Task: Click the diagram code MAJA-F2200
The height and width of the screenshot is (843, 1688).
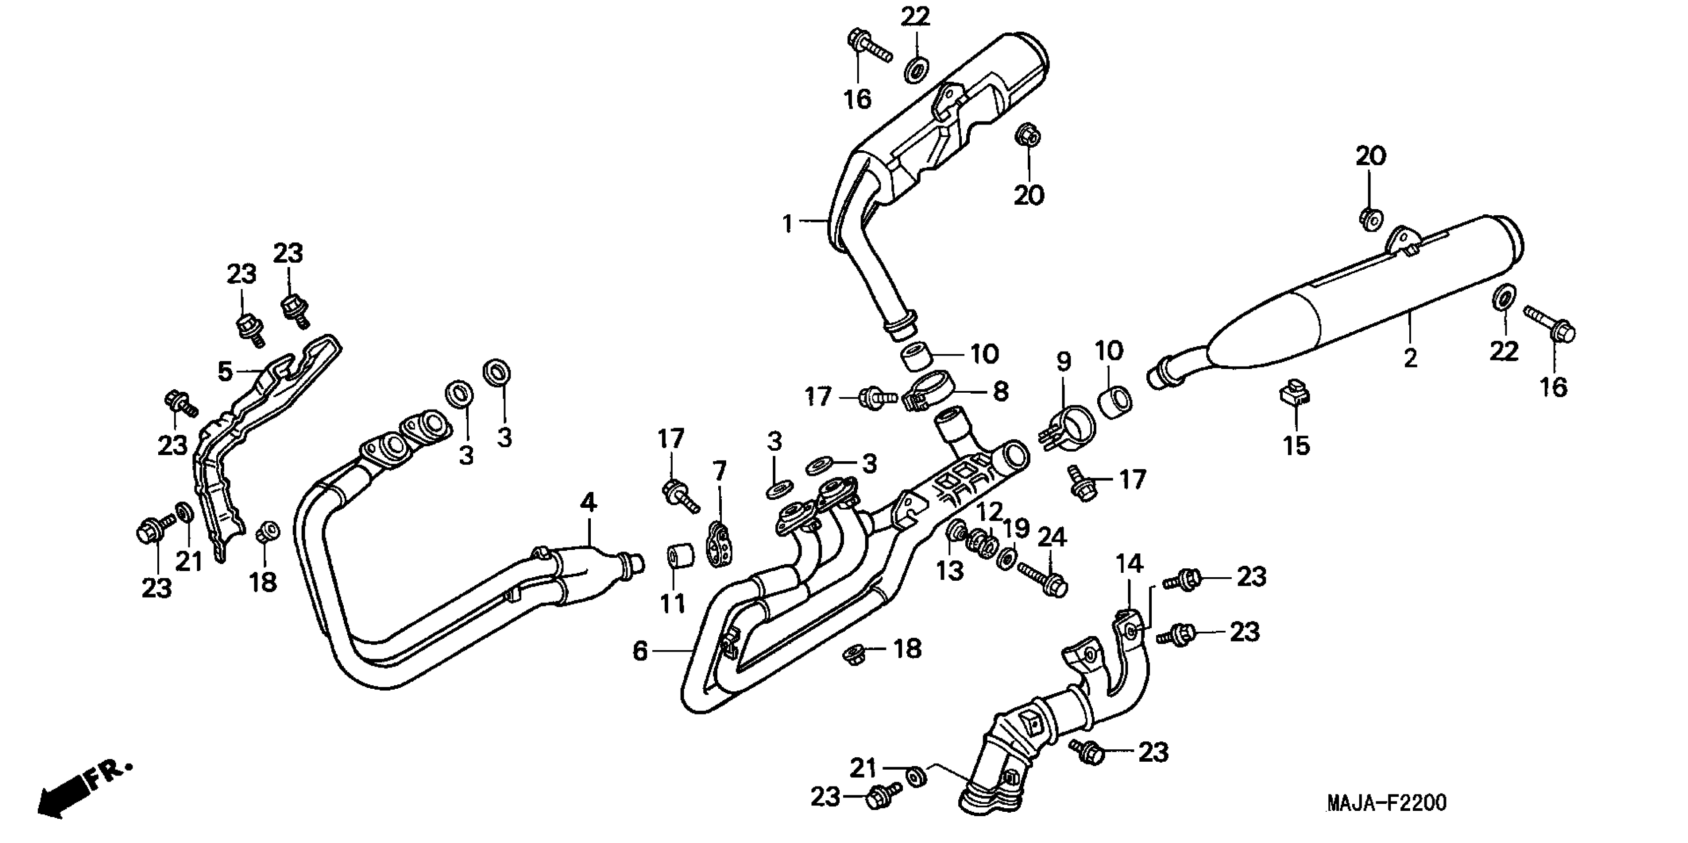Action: tap(1386, 803)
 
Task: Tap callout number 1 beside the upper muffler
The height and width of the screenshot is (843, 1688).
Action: tap(788, 224)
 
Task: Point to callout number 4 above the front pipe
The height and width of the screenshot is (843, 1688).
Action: tap(588, 503)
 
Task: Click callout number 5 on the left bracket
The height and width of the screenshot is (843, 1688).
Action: tap(225, 371)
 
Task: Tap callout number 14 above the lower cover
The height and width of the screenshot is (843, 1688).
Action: tap(1129, 564)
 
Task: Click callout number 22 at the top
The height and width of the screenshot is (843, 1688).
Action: tap(915, 16)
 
